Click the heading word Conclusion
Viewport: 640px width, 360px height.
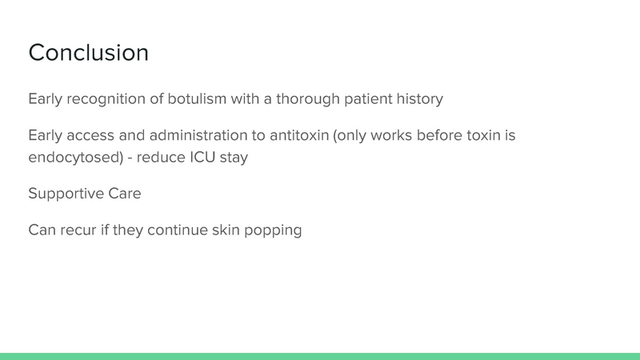tap(88, 53)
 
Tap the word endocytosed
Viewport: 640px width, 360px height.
tap(69, 158)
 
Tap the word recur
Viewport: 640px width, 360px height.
tap(81, 230)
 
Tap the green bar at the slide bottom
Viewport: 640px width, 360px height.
tap(320, 356)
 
